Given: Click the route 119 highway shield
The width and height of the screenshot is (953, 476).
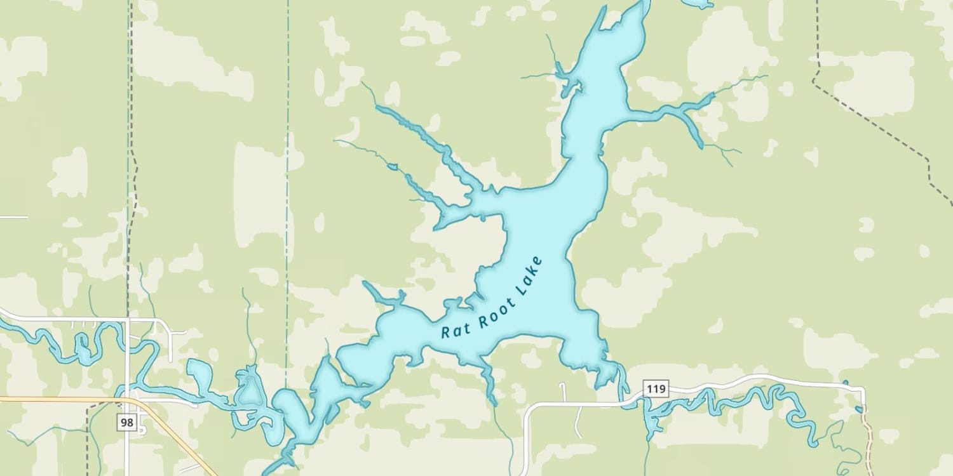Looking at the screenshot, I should pyautogui.click(x=655, y=388).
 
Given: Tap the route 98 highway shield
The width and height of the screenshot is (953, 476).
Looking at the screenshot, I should pyautogui.click(x=127, y=422).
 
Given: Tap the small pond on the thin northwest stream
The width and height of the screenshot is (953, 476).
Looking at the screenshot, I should pyautogui.click(x=393, y=167).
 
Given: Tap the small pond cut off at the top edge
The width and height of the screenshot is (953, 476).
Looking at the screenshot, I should pyautogui.click(x=698, y=4).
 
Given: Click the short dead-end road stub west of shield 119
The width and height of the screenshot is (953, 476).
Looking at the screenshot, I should pyautogui.click(x=563, y=392).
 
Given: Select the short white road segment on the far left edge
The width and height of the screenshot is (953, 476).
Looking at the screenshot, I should pyautogui.click(x=13, y=217).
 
